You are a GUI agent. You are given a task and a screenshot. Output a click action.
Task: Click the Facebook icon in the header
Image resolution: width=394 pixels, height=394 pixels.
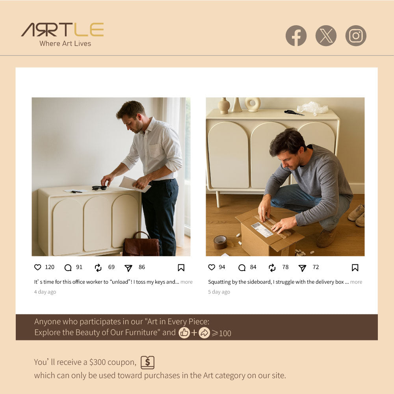click(296, 36)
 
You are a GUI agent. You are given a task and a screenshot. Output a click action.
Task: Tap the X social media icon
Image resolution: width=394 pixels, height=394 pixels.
click(326, 36)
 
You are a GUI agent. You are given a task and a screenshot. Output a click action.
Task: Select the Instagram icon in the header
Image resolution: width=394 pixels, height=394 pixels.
click(356, 36)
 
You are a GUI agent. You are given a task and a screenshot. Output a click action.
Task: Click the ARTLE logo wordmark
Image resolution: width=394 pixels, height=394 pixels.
click(62, 30)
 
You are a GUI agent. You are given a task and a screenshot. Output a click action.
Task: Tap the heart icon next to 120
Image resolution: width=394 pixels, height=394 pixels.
click(38, 267)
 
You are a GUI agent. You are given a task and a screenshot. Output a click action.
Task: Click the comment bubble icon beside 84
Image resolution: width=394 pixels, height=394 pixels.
click(242, 268)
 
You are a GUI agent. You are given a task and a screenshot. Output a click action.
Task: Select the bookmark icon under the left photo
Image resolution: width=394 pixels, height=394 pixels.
click(181, 268)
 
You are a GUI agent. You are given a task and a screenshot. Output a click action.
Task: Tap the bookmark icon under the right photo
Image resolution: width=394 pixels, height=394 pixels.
click(355, 268)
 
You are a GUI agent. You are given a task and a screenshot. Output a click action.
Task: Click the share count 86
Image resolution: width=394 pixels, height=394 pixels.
click(142, 267)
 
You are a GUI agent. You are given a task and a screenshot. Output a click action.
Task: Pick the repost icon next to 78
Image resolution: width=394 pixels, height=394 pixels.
click(272, 268)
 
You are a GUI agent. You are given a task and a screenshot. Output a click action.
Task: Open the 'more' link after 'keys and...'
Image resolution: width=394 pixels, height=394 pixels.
click(186, 282)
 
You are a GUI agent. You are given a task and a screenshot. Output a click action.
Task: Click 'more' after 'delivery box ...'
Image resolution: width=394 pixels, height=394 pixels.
click(356, 282)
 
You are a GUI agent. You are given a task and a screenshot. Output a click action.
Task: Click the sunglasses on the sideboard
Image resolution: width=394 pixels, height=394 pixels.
click(99, 188)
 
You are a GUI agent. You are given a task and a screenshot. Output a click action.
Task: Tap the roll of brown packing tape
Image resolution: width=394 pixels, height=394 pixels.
click(220, 242)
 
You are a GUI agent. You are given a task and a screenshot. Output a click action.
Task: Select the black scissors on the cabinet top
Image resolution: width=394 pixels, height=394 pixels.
click(294, 113)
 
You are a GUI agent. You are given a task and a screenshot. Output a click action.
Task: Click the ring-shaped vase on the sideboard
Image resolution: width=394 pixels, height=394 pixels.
click(253, 104)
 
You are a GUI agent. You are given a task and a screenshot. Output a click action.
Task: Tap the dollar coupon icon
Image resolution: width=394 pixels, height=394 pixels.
click(147, 362)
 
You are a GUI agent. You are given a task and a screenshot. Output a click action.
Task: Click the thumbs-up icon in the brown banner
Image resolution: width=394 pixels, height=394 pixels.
click(184, 333)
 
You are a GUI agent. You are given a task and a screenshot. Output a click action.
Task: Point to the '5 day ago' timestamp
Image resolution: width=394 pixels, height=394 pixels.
click(219, 292)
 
